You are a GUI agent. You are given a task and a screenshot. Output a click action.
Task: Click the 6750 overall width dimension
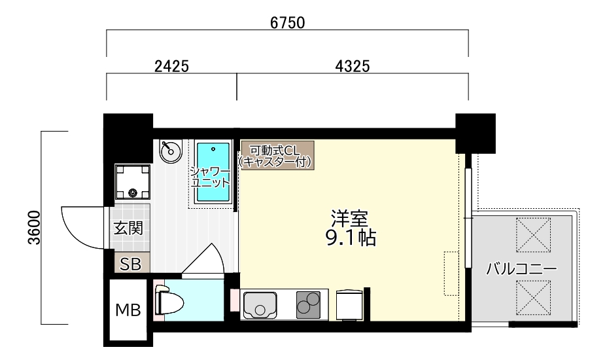point(287,23)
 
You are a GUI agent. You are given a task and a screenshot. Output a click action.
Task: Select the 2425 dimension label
point(171,66)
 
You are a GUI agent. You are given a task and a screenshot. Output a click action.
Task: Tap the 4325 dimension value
point(353,66)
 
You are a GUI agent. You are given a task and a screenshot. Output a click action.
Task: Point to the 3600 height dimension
point(34,228)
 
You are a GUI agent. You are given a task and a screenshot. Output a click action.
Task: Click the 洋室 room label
point(349,219)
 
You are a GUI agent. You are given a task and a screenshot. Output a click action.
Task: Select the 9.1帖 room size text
point(351,238)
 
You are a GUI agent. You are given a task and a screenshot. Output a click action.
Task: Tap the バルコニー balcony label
point(521,268)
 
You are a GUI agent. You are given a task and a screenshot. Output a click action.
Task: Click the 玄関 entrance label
point(128,228)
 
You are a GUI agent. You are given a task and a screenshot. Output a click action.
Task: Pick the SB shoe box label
point(130,264)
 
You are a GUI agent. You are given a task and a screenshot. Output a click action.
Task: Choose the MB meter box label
point(128,310)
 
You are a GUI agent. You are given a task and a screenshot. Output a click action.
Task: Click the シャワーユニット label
point(211,176)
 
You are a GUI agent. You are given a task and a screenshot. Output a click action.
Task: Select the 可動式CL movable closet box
point(277,155)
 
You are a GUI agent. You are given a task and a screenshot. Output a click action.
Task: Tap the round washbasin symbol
point(170,151)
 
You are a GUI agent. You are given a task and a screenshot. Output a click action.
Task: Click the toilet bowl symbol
point(169,300)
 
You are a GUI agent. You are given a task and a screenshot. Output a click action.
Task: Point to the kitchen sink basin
point(260,304)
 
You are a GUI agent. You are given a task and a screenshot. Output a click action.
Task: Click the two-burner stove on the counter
point(309,304)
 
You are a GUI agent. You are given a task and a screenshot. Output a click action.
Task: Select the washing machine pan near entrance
point(132,181)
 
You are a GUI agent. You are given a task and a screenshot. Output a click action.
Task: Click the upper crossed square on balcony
point(534,235)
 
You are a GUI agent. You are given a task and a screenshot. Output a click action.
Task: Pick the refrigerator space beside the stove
point(349,304)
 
